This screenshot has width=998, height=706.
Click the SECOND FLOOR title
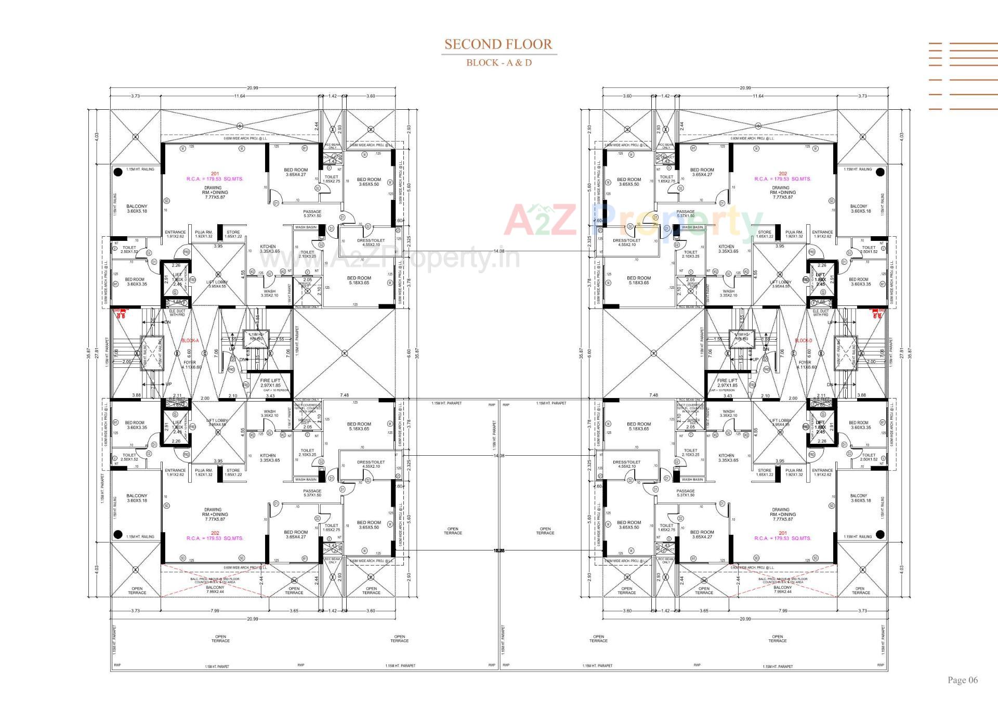pyautogui.click(x=498, y=44)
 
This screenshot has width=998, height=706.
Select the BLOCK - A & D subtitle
pyautogui.click(x=498, y=63)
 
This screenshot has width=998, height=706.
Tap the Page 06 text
pyautogui.click(x=962, y=680)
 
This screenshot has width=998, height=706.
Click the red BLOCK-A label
pyautogui.click(x=190, y=341)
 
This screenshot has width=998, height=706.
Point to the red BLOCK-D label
pyautogui.click(x=803, y=341)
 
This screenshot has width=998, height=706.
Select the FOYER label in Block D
pyautogui.click(x=805, y=363)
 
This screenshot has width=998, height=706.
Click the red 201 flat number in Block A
pyautogui.click(x=215, y=174)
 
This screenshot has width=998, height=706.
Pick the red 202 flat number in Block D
pyautogui.click(x=783, y=174)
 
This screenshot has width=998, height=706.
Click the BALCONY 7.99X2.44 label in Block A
pyautogui.click(x=215, y=589)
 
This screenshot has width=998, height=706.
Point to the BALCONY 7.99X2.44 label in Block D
pyautogui.click(x=782, y=589)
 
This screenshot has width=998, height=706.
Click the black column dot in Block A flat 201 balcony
pyautogui.click(x=118, y=171)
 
